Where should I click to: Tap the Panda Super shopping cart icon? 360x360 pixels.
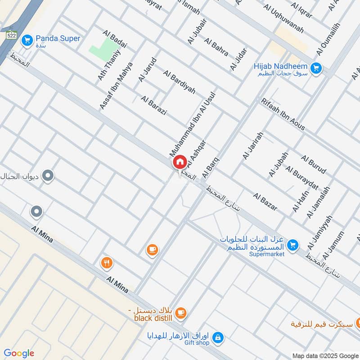click(27, 40)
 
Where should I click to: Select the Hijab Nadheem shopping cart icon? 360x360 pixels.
click(316, 68)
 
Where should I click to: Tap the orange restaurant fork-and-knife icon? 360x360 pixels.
click(106, 263)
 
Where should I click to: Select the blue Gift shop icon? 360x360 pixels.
click(217, 337)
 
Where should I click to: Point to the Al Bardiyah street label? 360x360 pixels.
click(179, 82)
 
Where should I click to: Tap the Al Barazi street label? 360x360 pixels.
click(153, 105)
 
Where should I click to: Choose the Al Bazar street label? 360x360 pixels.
click(265, 202)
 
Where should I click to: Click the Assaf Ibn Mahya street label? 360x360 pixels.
click(116, 85)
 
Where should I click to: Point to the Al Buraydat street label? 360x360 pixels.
click(301, 178)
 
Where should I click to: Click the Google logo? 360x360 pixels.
click(18, 353)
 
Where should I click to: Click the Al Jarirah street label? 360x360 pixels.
click(252, 146)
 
